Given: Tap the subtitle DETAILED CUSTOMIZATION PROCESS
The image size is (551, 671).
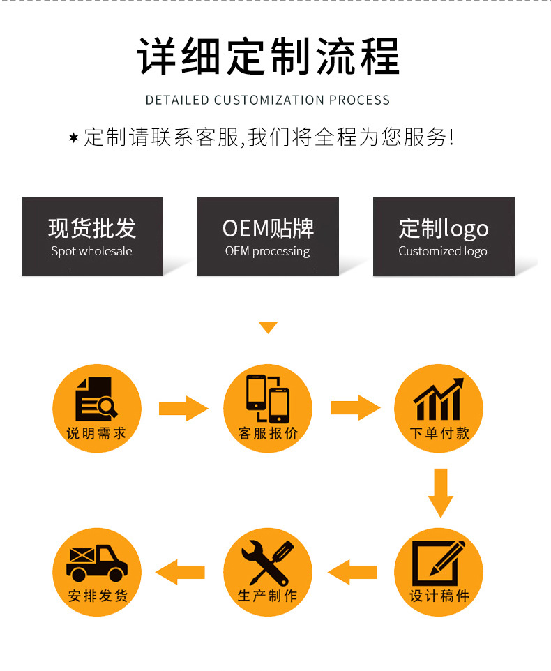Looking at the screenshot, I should [268, 100].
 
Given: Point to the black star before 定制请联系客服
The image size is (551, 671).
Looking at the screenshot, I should [73, 137].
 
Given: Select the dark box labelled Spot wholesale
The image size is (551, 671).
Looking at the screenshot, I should [92, 236].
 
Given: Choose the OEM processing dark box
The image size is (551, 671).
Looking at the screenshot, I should [268, 236].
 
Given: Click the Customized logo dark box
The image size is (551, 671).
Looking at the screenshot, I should [444, 236].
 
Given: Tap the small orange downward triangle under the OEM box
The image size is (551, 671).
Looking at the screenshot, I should [268, 327].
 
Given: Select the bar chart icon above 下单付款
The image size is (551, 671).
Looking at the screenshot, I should [438, 399].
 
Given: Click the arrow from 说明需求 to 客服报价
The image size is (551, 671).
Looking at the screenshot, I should [183, 408].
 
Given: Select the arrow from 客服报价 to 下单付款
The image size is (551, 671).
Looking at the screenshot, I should [356, 408].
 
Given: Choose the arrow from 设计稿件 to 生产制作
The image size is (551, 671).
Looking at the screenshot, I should [353, 572].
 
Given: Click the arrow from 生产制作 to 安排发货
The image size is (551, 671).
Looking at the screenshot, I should [181, 572].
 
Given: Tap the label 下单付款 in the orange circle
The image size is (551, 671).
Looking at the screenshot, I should [439, 433].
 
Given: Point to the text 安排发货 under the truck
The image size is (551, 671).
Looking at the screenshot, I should [98, 596].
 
